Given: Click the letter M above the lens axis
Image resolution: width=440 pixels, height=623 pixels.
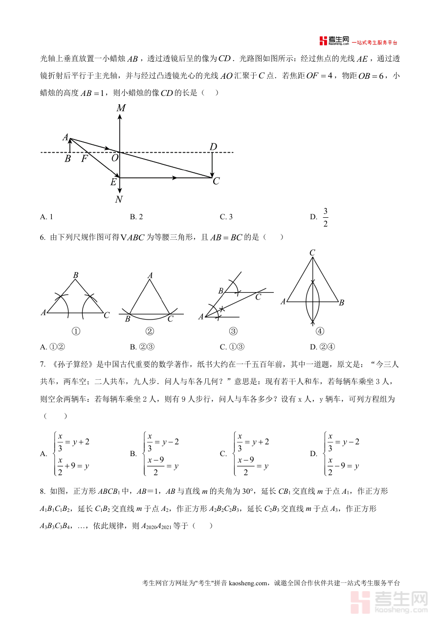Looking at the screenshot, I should pyautogui.click(x=121, y=108).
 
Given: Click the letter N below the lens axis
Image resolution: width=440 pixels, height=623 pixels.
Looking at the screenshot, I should pyautogui.click(x=119, y=200).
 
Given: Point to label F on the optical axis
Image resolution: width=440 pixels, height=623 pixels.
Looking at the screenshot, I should pyautogui.click(x=84, y=159).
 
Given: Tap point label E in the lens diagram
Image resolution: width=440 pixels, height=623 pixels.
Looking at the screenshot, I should pyautogui.click(x=113, y=183).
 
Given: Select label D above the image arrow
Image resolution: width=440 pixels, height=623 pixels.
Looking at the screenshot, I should pyautogui.click(x=213, y=147).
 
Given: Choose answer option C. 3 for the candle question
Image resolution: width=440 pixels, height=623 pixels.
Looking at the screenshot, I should pyautogui.click(x=226, y=217).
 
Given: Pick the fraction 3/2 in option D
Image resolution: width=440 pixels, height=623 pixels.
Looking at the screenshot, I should pyautogui.click(x=326, y=217).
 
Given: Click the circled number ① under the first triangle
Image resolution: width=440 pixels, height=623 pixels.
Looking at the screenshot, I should pyautogui.click(x=76, y=331).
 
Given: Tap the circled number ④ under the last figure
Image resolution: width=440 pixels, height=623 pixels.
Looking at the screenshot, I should pyautogui.click(x=320, y=331).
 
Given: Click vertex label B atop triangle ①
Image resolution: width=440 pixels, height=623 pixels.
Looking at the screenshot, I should pyautogui.click(x=76, y=276).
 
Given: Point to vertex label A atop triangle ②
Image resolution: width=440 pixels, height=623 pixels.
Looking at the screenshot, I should pyautogui.click(x=150, y=276).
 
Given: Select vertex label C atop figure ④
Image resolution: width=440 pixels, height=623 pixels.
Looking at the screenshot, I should pyautogui.click(x=312, y=253).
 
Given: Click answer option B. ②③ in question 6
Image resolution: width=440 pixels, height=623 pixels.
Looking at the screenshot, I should pyautogui.click(x=142, y=347).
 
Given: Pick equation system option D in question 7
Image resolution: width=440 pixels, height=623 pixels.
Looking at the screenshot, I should pyautogui.click(x=335, y=454).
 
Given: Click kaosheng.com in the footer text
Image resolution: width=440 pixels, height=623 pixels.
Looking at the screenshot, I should pyautogui.click(x=248, y=583).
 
